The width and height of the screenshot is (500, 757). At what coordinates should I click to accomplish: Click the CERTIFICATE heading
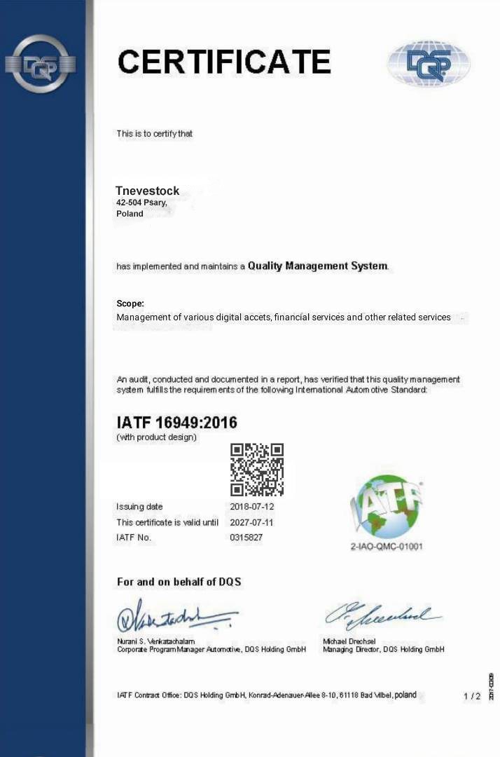224,62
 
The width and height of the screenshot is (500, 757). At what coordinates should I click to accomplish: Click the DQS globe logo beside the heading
429,63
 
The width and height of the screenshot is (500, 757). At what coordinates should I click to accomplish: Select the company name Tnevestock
148,191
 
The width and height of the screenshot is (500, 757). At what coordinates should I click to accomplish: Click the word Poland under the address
130,214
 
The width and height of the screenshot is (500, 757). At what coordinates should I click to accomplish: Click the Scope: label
130,304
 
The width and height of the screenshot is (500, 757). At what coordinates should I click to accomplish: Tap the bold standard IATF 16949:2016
176,423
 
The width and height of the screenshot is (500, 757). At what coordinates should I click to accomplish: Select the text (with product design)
156,437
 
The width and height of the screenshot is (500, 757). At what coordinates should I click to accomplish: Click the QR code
257,470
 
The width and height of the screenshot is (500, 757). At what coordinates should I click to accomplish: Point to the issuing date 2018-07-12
251,507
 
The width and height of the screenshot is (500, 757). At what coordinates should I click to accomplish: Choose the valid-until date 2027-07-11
251,522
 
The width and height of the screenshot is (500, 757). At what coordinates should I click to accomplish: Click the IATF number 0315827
246,538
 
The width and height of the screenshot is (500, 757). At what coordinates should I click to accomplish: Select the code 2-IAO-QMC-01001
387,547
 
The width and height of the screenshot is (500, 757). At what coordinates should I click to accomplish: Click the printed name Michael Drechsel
349,641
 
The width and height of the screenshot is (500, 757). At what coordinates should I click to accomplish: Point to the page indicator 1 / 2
472,696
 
